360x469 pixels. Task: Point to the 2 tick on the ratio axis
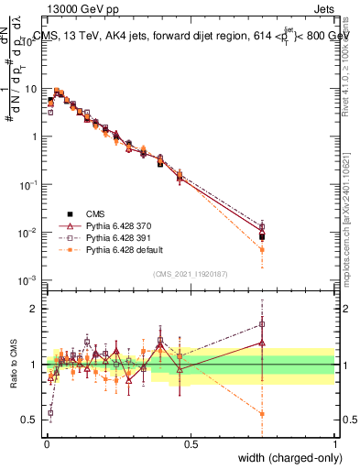click(x=36, y=308)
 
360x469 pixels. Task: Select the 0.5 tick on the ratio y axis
click(x=32, y=420)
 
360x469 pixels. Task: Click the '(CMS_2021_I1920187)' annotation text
click(x=190, y=272)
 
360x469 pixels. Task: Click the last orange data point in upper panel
click(x=262, y=249)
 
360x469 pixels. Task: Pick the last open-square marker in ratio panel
click(x=262, y=323)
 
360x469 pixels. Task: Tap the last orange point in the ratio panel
click(x=262, y=414)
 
